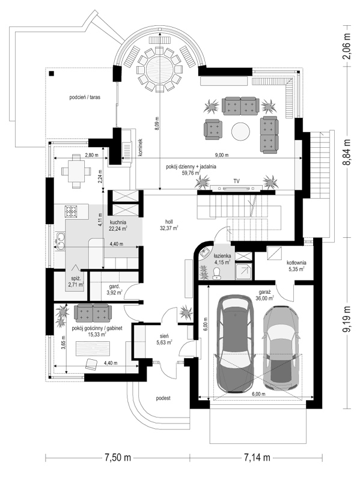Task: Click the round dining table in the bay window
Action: [159, 69]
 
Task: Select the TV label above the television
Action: [236, 181]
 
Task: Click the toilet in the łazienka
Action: [216, 273]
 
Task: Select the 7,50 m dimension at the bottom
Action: [118, 458]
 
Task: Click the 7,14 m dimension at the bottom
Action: [257, 458]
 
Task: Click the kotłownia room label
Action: [296, 263]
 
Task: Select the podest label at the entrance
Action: [163, 398]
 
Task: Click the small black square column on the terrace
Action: [51, 73]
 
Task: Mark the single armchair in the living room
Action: [213, 128]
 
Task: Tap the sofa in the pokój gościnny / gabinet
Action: [93, 312]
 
